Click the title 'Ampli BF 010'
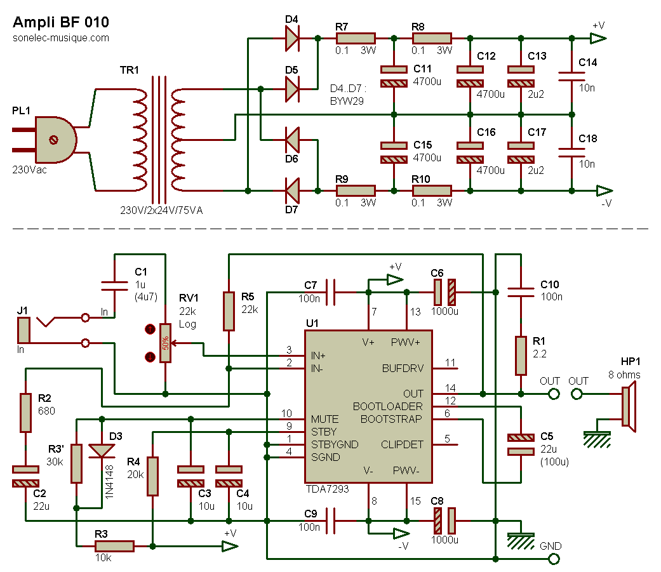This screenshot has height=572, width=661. [x=61, y=22]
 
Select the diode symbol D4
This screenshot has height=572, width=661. [x=291, y=39]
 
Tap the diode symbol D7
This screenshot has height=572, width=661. [x=291, y=190]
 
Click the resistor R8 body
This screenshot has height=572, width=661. [x=432, y=39]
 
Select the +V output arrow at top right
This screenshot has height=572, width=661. [x=598, y=39]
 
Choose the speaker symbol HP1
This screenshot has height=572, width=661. [x=627, y=406]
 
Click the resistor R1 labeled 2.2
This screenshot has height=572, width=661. [x=521, y=356]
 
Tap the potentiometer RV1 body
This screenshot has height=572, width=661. [x=166, y=343]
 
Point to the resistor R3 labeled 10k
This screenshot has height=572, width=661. [x=114, y=546]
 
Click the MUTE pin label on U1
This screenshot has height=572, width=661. [x=324, y=420]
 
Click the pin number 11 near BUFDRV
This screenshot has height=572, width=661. [x=450, y=363]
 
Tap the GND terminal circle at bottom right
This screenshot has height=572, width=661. [x=553, y=559]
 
